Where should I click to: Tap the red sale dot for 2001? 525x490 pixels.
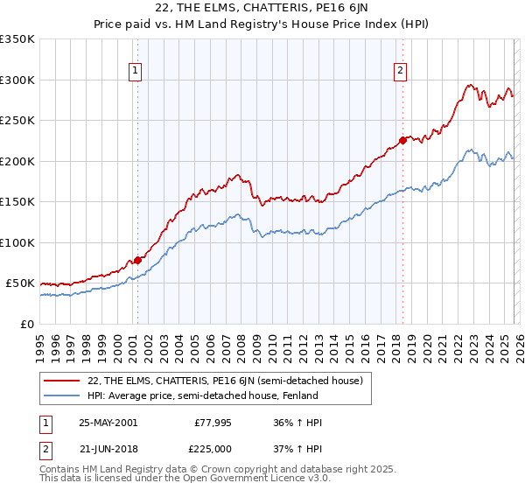click(137, 260)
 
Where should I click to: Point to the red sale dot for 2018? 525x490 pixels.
click(402, 140)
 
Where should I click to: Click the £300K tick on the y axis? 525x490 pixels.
click(17, 80)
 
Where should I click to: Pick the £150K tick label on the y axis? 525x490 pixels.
click(17, 202)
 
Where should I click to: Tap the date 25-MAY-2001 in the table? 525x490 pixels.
click(108, 423)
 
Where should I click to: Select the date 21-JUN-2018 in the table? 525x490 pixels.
click(108, 449)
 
